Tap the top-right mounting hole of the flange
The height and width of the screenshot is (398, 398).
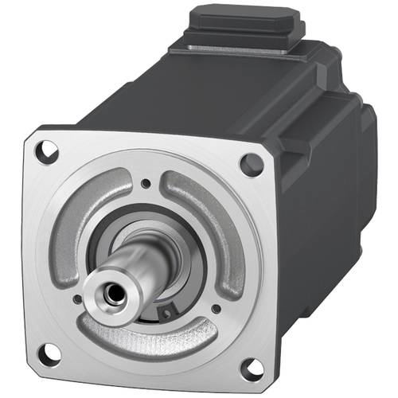pos(252,163)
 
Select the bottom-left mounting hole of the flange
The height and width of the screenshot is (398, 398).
pos(49,350)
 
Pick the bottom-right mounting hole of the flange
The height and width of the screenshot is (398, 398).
pos(250,368)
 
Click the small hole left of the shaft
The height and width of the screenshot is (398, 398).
pos(73,300)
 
